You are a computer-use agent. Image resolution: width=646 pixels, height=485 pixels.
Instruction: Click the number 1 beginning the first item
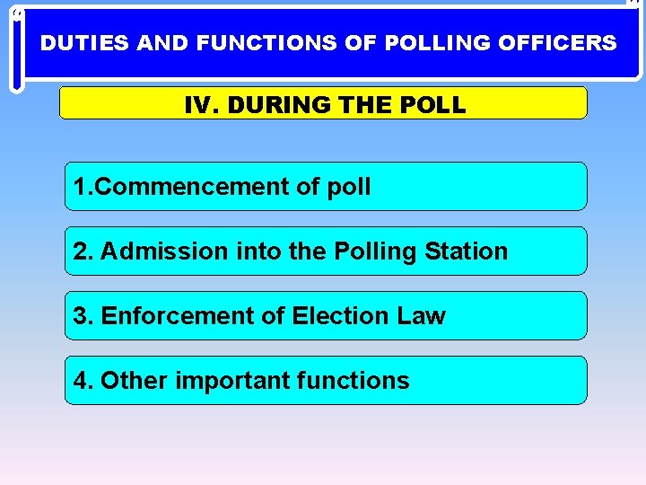80,187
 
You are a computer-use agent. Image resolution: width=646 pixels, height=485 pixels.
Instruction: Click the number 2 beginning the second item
82,251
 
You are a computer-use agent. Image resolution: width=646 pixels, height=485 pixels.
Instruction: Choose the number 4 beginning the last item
82,381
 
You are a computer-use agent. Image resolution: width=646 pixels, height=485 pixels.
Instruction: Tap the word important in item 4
231,381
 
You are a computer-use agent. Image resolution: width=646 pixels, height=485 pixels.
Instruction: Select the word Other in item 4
134,381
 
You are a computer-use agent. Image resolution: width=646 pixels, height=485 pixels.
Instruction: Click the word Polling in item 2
375,251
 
